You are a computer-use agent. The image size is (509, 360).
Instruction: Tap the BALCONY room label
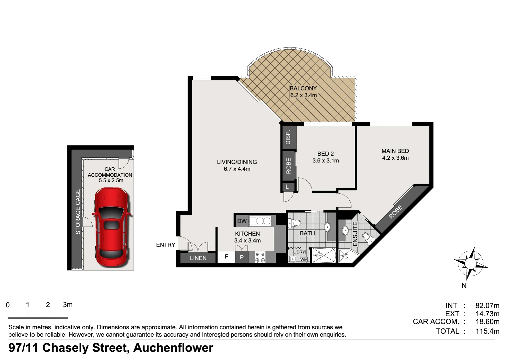click(x=303, y=88)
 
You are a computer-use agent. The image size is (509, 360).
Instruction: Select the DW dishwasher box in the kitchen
click(x=242, y=221)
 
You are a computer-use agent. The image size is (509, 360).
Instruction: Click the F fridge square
click(x=227, y=257)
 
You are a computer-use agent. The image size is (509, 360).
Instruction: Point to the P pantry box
click(x=242, y=257)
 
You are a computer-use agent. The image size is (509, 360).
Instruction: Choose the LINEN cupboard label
click(x=198, y=258)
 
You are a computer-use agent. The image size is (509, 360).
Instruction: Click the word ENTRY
click(x=166, y=245)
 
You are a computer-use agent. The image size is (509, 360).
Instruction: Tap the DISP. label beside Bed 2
click(x=288, y=137)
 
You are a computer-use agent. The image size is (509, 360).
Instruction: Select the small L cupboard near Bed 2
click(x=287, y=187)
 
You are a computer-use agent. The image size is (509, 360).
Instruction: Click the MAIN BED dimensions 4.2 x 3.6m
click(x=395, y=158)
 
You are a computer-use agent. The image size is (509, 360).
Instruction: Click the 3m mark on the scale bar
click(x=68, y=305)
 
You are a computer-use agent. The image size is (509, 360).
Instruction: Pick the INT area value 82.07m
click(x=487, y=305)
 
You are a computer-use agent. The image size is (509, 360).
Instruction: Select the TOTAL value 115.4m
click(x=487, y=331)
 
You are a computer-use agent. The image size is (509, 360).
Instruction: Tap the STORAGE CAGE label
click(x=78, y=212)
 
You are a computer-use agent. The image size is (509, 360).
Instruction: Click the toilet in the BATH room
click(x=294, y=223)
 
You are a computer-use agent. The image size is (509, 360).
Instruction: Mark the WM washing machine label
click(x=304, y=260)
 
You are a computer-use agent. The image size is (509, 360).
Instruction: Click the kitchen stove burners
click(x=260, y=257)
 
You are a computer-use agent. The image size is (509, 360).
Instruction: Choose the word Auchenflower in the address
click(x=173, y=348)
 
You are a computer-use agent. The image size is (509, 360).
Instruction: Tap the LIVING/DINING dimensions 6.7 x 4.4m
click(x=237, y=169)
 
